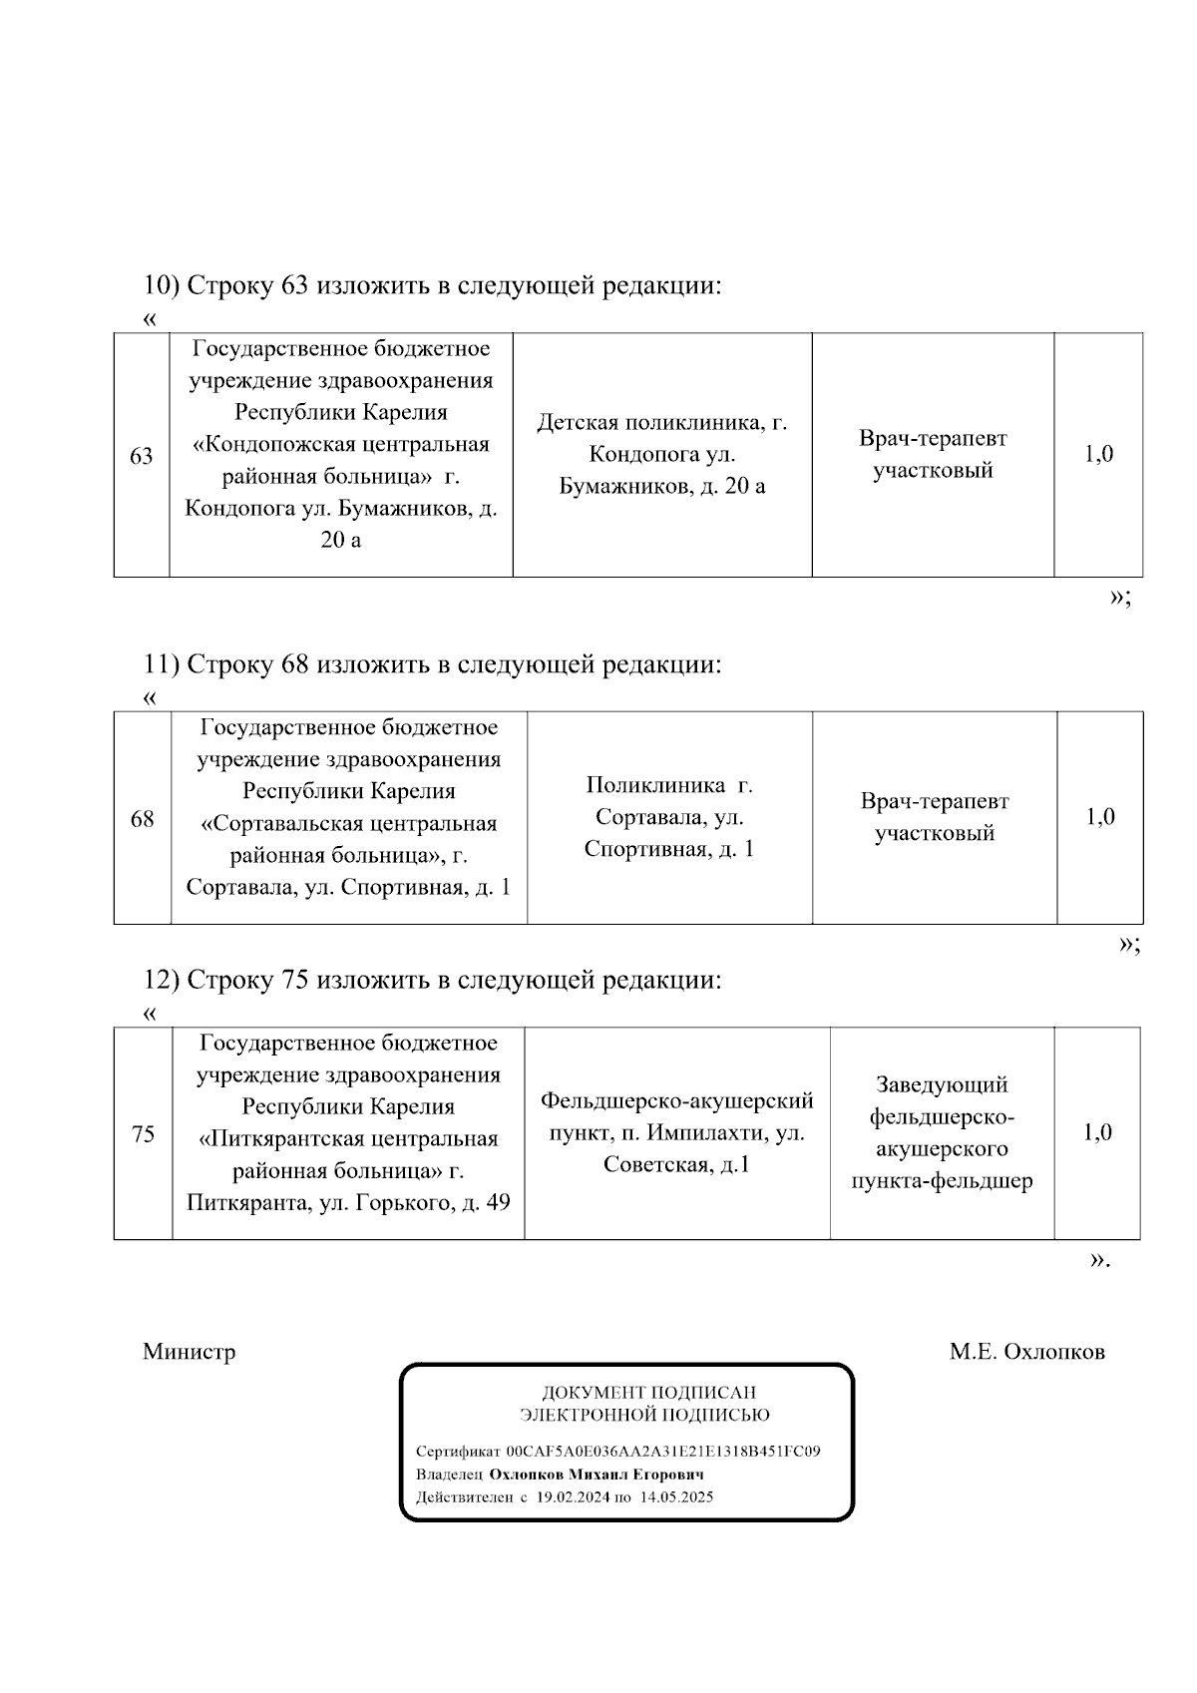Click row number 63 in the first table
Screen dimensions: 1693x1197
click(x=142, y=456)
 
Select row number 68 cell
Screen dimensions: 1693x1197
click(x=143, y=819)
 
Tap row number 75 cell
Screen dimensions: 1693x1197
click(x=143, y=1134)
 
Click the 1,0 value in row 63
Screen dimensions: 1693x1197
click(x=1098, y=455)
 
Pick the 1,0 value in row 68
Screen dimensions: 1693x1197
click(x=1100, y=817)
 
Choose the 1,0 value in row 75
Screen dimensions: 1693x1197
click(x=1097, y=1132)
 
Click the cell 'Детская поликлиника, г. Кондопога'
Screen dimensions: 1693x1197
click(x=662, y=455)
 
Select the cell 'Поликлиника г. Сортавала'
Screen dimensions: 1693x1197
click(x=669, y=817)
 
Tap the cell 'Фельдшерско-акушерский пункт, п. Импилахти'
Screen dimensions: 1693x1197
click(x=677, y=1132)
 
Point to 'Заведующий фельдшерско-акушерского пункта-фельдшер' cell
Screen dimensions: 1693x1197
click(x=942, y=1132)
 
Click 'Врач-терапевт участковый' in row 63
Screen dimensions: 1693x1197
click(x=933, y=454)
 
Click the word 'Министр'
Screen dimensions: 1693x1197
click(x=190, y=1352)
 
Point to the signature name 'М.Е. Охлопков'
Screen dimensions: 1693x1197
click(x=1026, y=1352)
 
